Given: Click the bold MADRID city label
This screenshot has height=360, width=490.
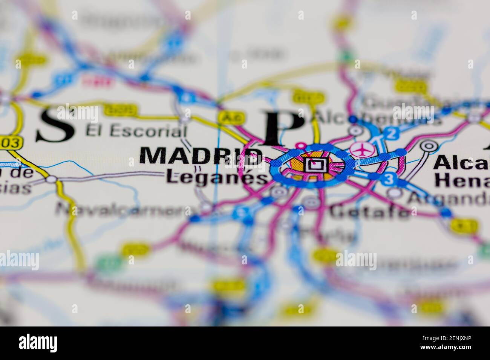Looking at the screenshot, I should tap(201, 156).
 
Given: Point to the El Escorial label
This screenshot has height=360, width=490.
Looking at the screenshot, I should tap(136, 131).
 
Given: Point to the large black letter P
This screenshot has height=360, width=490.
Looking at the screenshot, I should tap(284, 127).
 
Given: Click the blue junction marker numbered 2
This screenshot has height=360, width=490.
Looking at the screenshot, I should tap(392, 133).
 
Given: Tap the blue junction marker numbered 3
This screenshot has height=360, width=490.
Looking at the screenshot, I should tap(389, 180).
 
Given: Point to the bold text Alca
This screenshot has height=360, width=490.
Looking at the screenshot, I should tap(461, 163).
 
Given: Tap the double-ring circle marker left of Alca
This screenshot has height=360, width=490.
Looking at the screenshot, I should tap(428, 146).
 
